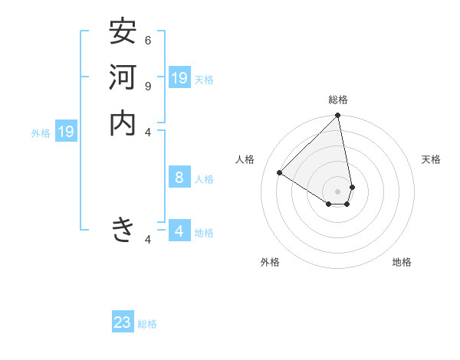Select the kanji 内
click(x=123, y=123)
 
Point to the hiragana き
click(x=123, y=229)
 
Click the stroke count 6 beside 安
click(x=148, y=40)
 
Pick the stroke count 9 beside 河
click(x=148, y=86)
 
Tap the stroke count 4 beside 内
click(x=148, y=132)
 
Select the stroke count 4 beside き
click(x=148, y=240)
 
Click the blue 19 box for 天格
click(x=179, y=78)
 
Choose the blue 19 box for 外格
click(x=66, y=132)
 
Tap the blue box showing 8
click(x=179, y=178)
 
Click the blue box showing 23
click(x=123, y=322)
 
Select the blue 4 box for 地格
click(x=179, y=231)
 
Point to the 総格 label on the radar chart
click(x=338, y=100)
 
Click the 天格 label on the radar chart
click(x=431, y=159)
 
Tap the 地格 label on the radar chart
click(x=402, y=262)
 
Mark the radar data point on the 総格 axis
click(x=338, y=116)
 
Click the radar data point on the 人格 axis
click(x=280, y=173)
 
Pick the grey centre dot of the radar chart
click(x=338, y=191)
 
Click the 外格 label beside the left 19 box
click(x=41, y=133)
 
